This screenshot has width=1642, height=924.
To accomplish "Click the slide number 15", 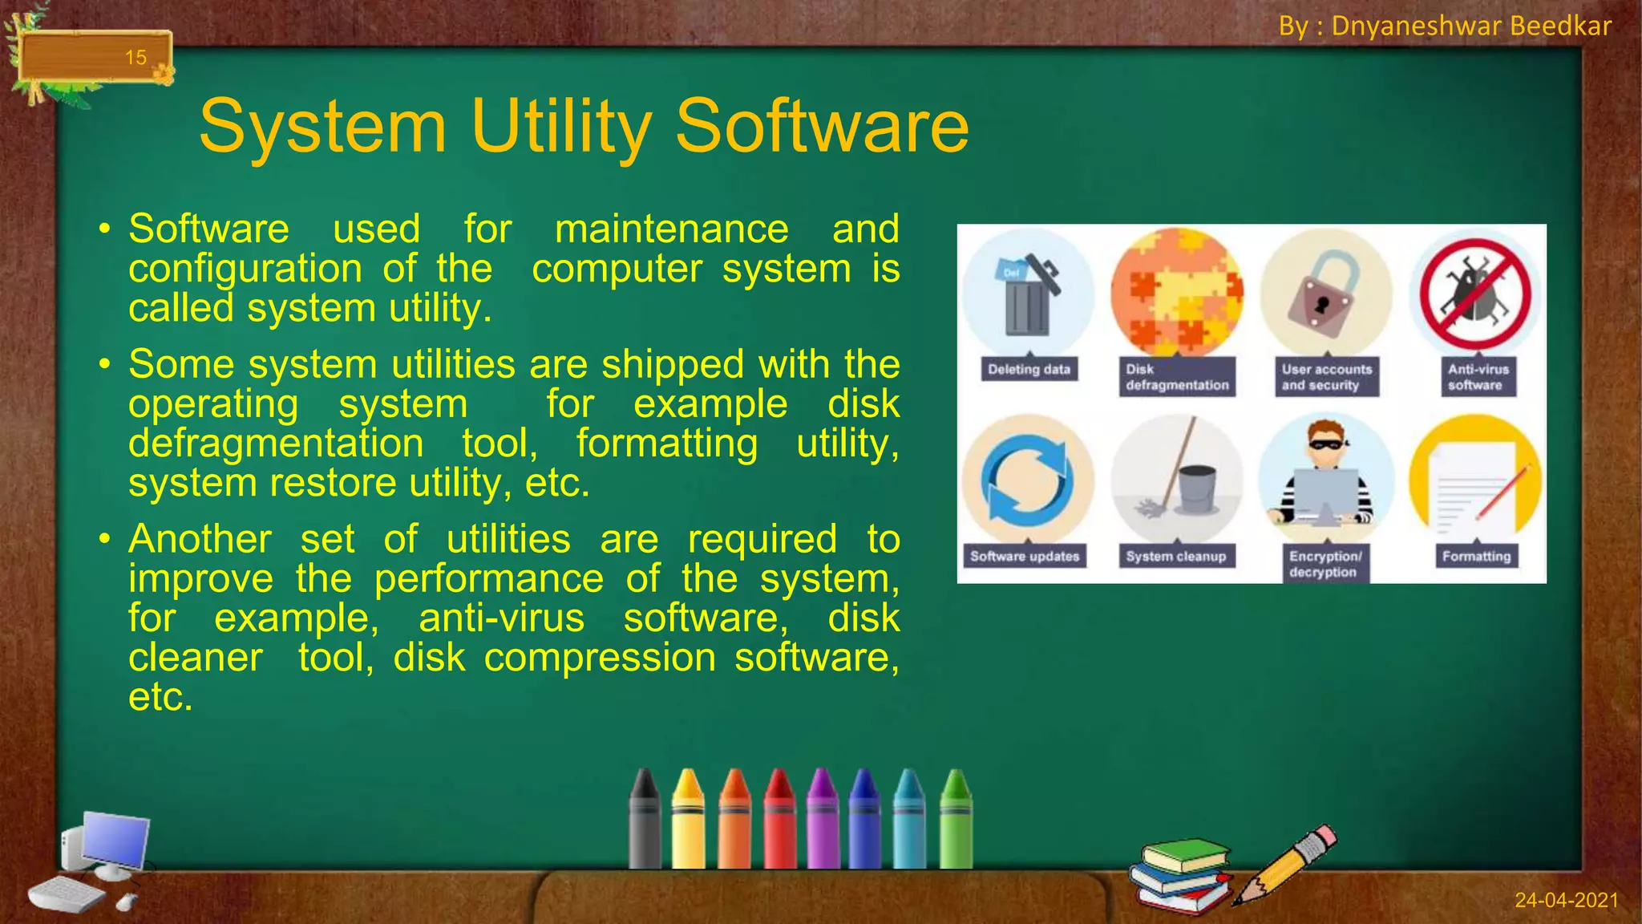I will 135,58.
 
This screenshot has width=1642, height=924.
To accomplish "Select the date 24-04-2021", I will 1566,900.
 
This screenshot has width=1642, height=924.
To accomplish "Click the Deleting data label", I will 1029,370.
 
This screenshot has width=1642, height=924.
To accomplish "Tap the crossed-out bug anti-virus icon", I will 1474,295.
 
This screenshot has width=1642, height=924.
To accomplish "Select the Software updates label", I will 1025,557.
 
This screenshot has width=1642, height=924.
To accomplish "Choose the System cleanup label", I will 1175,557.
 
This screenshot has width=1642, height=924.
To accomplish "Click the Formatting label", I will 1475,557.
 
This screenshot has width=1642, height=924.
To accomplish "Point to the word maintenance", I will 672,229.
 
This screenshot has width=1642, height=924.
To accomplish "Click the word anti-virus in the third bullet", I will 502,618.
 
